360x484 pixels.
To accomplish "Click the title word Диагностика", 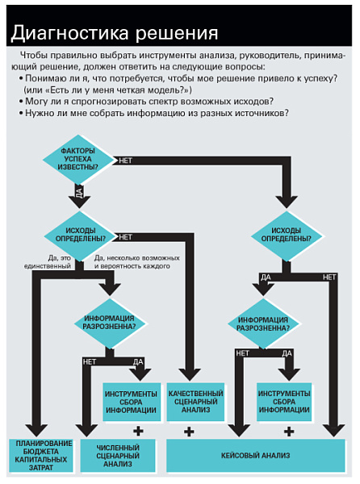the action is (x=70, y=33).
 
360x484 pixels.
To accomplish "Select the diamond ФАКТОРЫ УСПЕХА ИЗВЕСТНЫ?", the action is (x=78, y=159).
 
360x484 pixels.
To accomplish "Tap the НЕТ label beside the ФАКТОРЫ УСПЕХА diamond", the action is (x=125, y=161).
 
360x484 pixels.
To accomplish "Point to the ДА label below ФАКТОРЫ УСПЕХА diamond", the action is (x=79, y=192).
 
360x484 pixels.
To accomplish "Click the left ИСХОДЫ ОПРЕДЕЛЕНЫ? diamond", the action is (x=80, y=236).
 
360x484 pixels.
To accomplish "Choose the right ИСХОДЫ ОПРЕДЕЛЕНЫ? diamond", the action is (x=287, y=236).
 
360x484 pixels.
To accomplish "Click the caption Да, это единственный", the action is (x=48, y=261).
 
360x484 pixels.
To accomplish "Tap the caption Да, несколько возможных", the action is (x=136, y=258).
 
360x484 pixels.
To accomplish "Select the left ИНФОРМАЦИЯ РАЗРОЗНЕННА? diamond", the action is (x=109, y=323).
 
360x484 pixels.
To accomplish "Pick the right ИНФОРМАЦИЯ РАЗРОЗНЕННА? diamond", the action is (x=263, y=323).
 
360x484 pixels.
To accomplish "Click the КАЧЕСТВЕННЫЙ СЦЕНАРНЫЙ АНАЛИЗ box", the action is (x=195, y=402).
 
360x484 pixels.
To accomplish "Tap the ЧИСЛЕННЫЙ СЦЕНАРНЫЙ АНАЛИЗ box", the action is (x=118, y=455).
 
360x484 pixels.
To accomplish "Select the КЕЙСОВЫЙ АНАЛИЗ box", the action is (x=256, y=455).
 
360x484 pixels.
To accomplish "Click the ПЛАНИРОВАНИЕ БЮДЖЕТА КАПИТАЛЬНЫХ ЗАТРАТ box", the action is (x=41, y=455).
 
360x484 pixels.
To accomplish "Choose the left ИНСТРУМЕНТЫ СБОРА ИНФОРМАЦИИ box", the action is (x=132, y=402).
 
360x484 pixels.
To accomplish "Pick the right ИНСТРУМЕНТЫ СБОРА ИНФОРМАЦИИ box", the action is (x=284, y=402).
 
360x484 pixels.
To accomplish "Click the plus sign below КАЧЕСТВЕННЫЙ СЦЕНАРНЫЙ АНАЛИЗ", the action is (x=189, y=432).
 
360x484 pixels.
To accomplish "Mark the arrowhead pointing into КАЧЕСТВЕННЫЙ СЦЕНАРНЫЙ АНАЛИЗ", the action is (x=190, y=374).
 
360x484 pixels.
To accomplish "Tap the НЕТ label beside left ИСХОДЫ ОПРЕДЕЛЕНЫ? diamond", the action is (x=125, y=237).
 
